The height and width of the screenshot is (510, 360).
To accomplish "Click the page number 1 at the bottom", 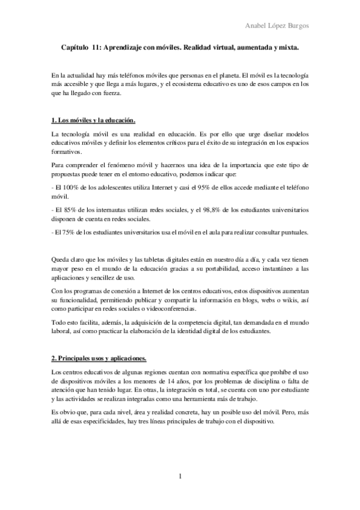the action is click(180, 478).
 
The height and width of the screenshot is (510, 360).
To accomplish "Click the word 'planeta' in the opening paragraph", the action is click(224, 76).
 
